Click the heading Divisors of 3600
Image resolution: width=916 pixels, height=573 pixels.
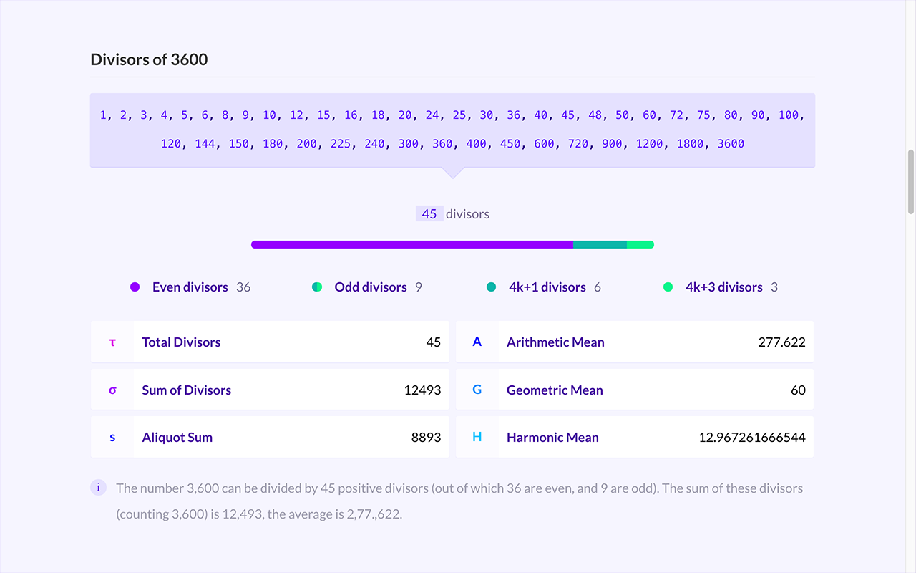[149, 59]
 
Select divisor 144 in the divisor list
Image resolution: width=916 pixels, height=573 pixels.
[205, 144]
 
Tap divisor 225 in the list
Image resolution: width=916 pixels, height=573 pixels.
[340, 144]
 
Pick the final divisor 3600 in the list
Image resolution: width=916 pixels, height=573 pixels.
[731, 144]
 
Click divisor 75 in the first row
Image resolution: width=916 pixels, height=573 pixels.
[703, 115]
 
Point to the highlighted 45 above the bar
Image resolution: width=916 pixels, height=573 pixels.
[429, 213]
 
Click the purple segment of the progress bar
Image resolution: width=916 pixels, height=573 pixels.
[412, 245]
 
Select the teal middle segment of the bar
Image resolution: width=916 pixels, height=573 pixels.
[600, 245]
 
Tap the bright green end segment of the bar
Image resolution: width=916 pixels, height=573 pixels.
[640, 245]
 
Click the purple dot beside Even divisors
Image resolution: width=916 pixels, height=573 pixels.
[135, 287]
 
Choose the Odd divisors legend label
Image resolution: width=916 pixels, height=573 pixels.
[371, 287]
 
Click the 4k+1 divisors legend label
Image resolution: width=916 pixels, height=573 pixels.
[547, 287]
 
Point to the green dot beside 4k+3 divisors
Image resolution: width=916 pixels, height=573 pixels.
[668, 287]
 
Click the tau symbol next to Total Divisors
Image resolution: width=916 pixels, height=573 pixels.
[112, 342]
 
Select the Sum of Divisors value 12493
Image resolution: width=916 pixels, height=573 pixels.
[422, 390]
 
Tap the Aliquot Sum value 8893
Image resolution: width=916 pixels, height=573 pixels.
[426, 438]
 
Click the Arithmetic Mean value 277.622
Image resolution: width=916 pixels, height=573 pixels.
[782, 342]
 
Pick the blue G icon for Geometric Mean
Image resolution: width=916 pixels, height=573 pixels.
[477, 390]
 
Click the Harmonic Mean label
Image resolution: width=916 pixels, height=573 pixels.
[552, 438]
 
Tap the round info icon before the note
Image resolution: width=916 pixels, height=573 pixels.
[98, 488]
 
